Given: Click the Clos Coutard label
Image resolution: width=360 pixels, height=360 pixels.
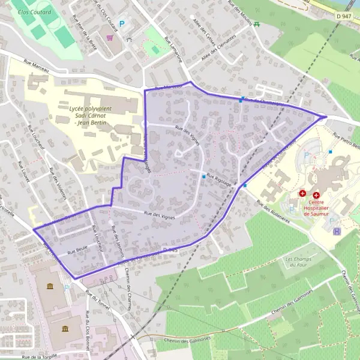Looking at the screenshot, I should click(x=34, y=11).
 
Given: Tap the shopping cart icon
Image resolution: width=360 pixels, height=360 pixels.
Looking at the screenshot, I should click(x=110, y=37).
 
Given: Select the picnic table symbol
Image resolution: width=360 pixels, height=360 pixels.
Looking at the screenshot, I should click(x=257, y=24).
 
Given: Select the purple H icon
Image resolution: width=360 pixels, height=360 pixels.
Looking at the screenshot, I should click(x=337, y=230).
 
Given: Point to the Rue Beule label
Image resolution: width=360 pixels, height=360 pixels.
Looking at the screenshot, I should click(x=78, y=253).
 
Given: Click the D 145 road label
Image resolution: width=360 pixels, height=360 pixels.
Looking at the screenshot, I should click(x=170, y=248).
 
